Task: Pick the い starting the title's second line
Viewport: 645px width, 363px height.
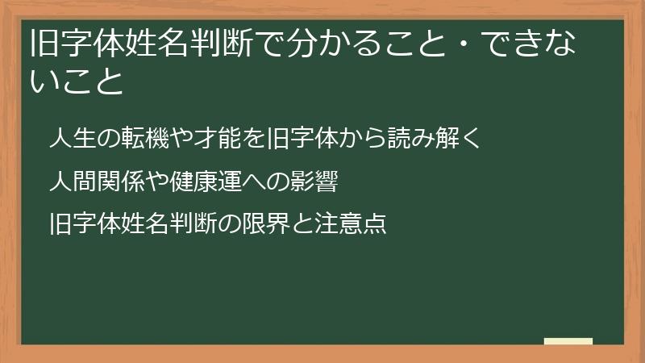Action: click(x=44, y=81)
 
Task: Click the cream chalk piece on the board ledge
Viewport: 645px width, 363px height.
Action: click(x=568, y=341)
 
